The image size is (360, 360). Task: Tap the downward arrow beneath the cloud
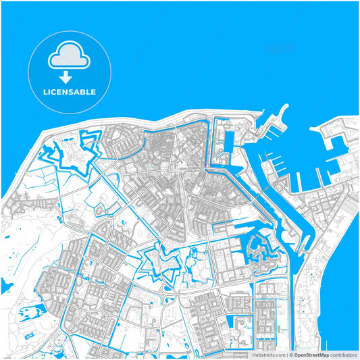pyautogui.click(x=66, y=77)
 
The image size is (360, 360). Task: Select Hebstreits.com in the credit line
pyautogui.click(x=269, y=355)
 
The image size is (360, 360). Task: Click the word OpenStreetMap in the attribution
pyautogui.click(x=311, y=355)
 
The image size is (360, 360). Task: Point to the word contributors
pyautogui.click(x=343, y=355)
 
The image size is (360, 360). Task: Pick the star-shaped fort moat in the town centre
pyautogui.click(x=162, y=263)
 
